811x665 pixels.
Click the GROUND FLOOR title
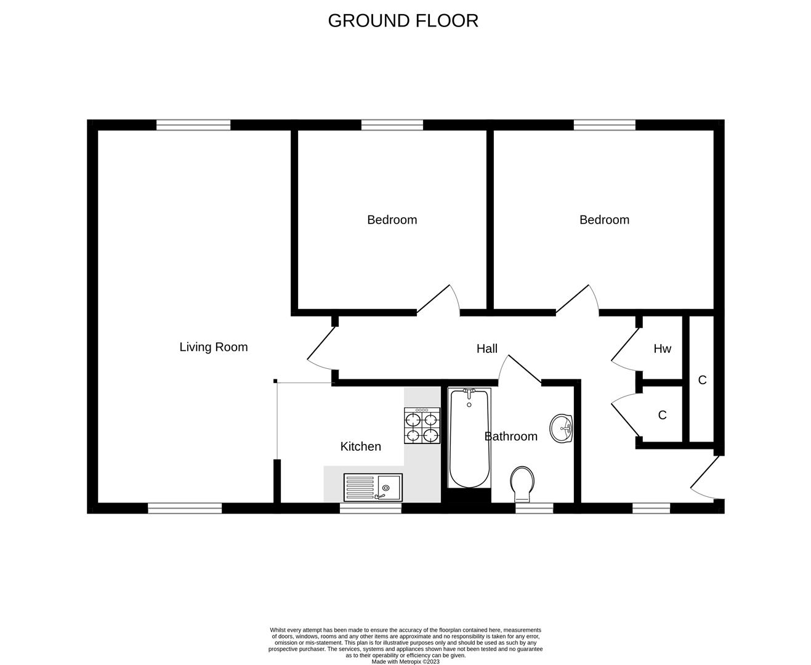point(403,20)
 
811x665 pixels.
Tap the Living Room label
point(213,347)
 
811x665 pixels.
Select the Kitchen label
point(360,446)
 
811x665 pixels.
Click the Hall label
point(486,349)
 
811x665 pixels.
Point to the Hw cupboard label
point(662,349)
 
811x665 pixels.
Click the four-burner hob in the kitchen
point(422,426)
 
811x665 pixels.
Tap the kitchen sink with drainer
point(373,487)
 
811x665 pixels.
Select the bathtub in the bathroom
point(469,438)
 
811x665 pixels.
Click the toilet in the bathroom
point(522,483)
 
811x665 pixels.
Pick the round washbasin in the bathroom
point(561,428)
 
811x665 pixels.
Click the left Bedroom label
point(392,220)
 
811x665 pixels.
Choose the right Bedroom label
point(604,220)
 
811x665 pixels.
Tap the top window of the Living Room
point(193,125)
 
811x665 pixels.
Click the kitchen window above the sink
point(371,509)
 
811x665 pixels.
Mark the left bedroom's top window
point(392,125)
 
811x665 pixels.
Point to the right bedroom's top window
point(605,125)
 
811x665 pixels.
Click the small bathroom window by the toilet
point(534,509)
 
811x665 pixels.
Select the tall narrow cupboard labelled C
point(701,380)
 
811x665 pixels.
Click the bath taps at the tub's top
point(469,392)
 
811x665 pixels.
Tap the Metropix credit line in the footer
point(405,661)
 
